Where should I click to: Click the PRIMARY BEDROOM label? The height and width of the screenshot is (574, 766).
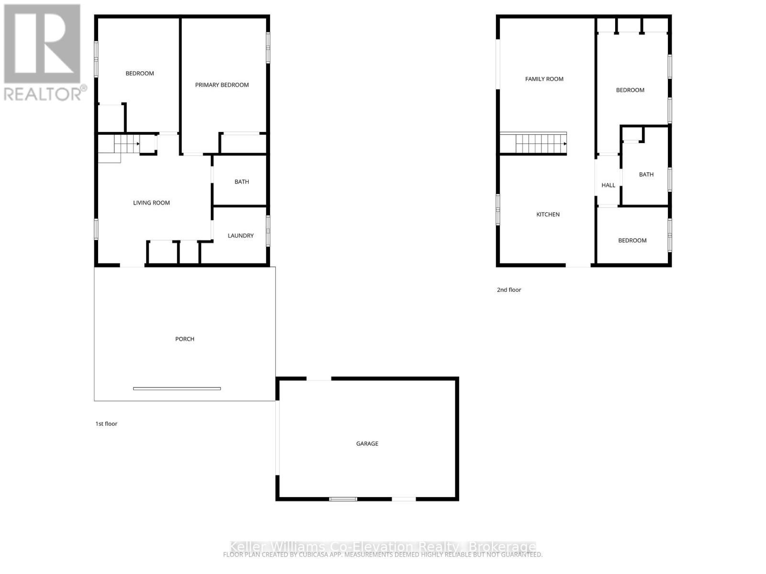click(222, 85)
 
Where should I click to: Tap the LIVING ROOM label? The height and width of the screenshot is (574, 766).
click(151, 203)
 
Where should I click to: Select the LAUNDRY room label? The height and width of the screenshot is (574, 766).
click(240, 236)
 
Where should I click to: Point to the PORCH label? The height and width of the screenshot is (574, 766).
click(185, 339)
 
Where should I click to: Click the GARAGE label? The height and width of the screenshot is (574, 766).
click(367, 444)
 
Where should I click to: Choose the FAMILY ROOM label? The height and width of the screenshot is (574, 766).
click(544, 79)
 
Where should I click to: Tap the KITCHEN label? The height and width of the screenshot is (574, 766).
click(548, 214)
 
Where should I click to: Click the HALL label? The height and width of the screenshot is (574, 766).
click(608, 185)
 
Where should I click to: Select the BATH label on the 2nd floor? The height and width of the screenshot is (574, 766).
click(646, 175)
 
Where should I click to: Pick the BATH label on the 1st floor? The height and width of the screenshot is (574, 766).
click(241, 182)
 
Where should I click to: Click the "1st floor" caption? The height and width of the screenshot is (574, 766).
click(106, 424)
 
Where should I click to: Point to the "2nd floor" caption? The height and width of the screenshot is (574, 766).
click(509, 290)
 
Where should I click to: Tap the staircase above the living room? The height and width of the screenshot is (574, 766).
click(126, 143)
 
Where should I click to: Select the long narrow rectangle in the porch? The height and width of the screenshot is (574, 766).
click(177, 388)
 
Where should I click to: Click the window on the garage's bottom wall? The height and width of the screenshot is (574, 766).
click(343, 499)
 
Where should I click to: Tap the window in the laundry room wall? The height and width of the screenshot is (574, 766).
click(268, 231)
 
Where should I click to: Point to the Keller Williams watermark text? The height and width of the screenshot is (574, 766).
click(383, 547)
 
